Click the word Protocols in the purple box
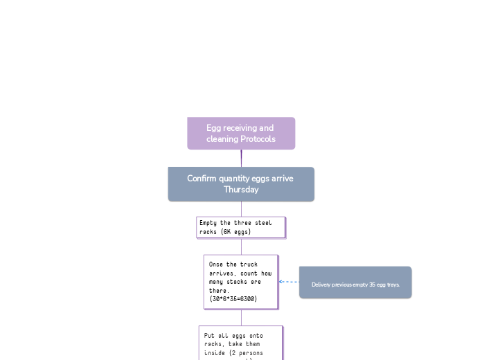256,139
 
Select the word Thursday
241,190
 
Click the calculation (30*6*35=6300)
233,299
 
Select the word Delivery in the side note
322,285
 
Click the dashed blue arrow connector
289,282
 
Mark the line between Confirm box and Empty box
241,209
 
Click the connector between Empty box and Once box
241,246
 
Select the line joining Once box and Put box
241,317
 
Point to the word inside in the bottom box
215,352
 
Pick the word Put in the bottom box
208,335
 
